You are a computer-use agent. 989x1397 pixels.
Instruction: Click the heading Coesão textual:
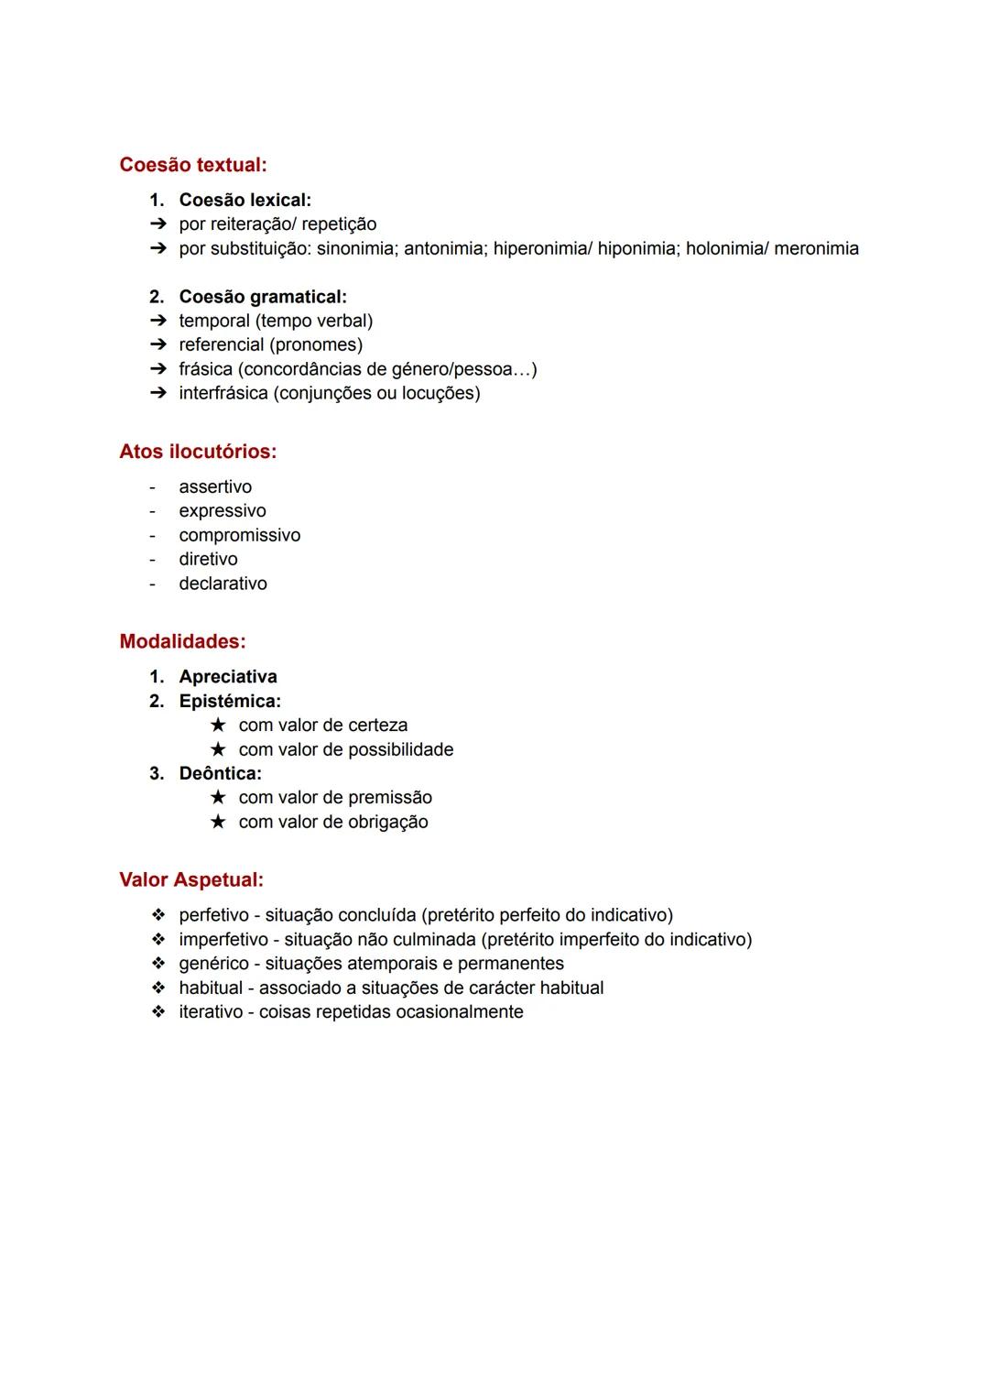pos(193,165)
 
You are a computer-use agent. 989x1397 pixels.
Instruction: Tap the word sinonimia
pos(354,248)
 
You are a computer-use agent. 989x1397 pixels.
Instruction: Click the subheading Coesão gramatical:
pos(263,297)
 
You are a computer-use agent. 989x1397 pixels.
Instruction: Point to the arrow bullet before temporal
pos(158,321)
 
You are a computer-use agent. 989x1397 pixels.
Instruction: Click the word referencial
pos(221,344)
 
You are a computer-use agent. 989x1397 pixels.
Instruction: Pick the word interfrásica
pos(223,393)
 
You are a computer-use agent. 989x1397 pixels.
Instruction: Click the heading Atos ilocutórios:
pos(198,452)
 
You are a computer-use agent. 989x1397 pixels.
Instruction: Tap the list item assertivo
pos(215,486)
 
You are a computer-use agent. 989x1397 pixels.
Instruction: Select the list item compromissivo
pos(239,535)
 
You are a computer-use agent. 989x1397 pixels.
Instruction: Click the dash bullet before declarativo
pos(153,584)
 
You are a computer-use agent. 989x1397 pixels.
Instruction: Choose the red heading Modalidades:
pos(182,641)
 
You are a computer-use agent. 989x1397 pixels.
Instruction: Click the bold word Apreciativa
pos(228,677)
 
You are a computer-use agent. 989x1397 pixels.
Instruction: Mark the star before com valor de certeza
pos(218,725)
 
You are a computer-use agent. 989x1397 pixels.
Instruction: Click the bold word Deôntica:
pos(221,773)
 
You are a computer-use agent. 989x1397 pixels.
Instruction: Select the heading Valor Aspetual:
pos(191,879)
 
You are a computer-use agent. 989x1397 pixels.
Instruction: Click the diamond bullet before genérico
pos(158,964)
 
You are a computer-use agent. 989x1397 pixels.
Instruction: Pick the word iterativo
pos(211,1012)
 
